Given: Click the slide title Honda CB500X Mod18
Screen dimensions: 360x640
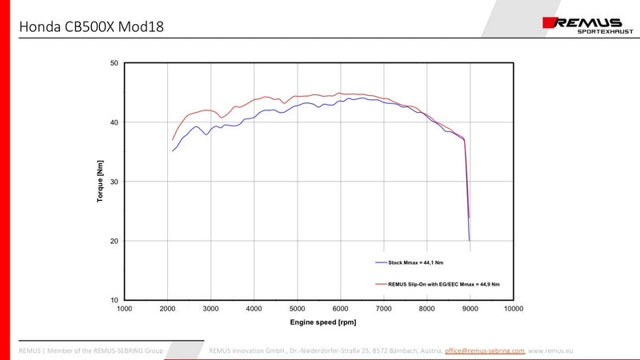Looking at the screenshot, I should click(x=91, y=27).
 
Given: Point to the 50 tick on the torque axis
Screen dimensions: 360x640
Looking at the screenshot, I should click(x=114, y=63).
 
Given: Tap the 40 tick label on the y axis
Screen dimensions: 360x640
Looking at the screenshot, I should click(x=114, y=122).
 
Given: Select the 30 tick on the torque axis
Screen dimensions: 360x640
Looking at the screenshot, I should click(x=114, y=182).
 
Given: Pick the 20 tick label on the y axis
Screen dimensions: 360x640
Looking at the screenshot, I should click(x=114, y=241).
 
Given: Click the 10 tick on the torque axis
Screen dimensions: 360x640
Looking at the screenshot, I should click(x=114, y=300).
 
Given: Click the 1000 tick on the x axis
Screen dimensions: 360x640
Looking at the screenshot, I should click(x=125, y=309).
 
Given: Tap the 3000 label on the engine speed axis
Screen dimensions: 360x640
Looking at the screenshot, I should click(x=211, y=309).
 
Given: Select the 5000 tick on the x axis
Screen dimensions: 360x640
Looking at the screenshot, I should click(x=298, y=309).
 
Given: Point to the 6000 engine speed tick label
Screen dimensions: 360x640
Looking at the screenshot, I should click(x=341, y=309).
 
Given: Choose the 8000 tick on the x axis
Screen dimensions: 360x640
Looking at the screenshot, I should click(x=427, y=309).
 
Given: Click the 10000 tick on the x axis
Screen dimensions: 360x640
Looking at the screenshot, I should click(x=513, y=309).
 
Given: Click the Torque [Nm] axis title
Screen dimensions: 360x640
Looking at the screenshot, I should click(x=100, y=182).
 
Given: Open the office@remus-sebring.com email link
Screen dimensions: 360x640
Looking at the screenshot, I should click(x=485, y=350).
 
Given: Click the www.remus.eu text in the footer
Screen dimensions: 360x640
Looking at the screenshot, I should click(x=552, y=350).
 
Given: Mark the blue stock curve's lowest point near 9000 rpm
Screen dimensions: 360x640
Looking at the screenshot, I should click(x=470, y=240).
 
